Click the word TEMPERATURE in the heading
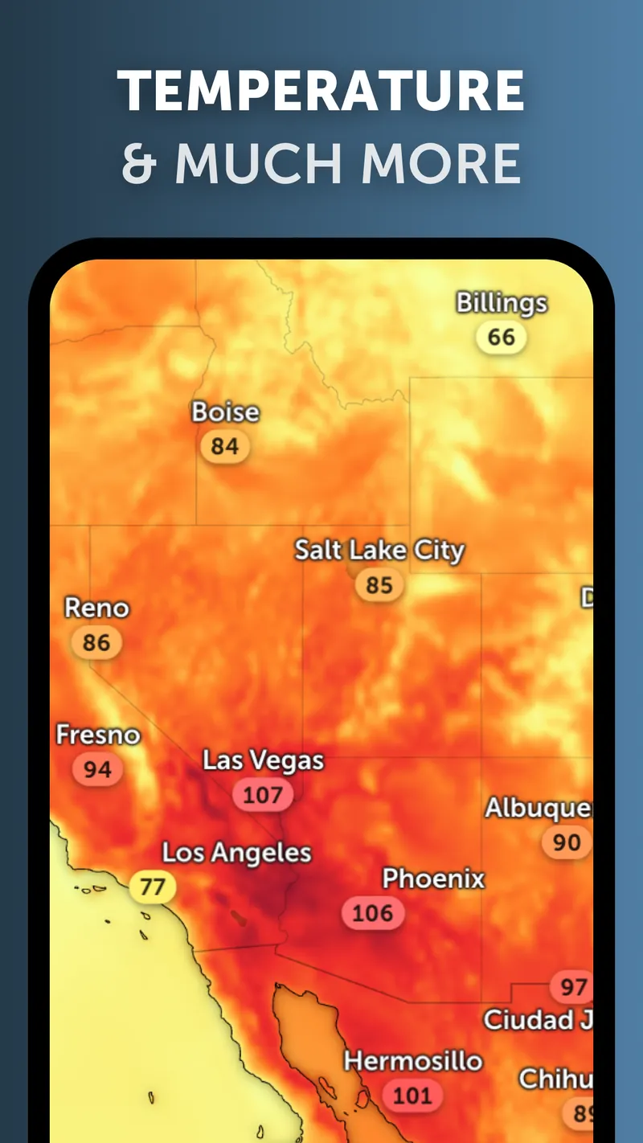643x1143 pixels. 321,91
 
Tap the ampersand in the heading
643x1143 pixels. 139,163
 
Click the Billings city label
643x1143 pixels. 502,303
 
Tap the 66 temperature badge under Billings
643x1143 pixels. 501,337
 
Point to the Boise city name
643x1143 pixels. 225,412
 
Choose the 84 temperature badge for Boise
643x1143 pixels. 225,446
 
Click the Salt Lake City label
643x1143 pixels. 379,551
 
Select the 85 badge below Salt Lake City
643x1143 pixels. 379,584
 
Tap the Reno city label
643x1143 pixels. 96,608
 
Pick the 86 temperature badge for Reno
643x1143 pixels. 96,642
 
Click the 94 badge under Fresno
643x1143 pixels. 97,769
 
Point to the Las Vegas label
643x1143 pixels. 263,760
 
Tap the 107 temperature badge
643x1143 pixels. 263,795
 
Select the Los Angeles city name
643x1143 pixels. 236,853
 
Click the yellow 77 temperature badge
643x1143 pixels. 153,887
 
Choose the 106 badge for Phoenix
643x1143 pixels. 373,912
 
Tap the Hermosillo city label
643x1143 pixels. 413,1061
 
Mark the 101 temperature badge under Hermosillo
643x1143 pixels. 412,1095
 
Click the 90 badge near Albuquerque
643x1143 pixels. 567,842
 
